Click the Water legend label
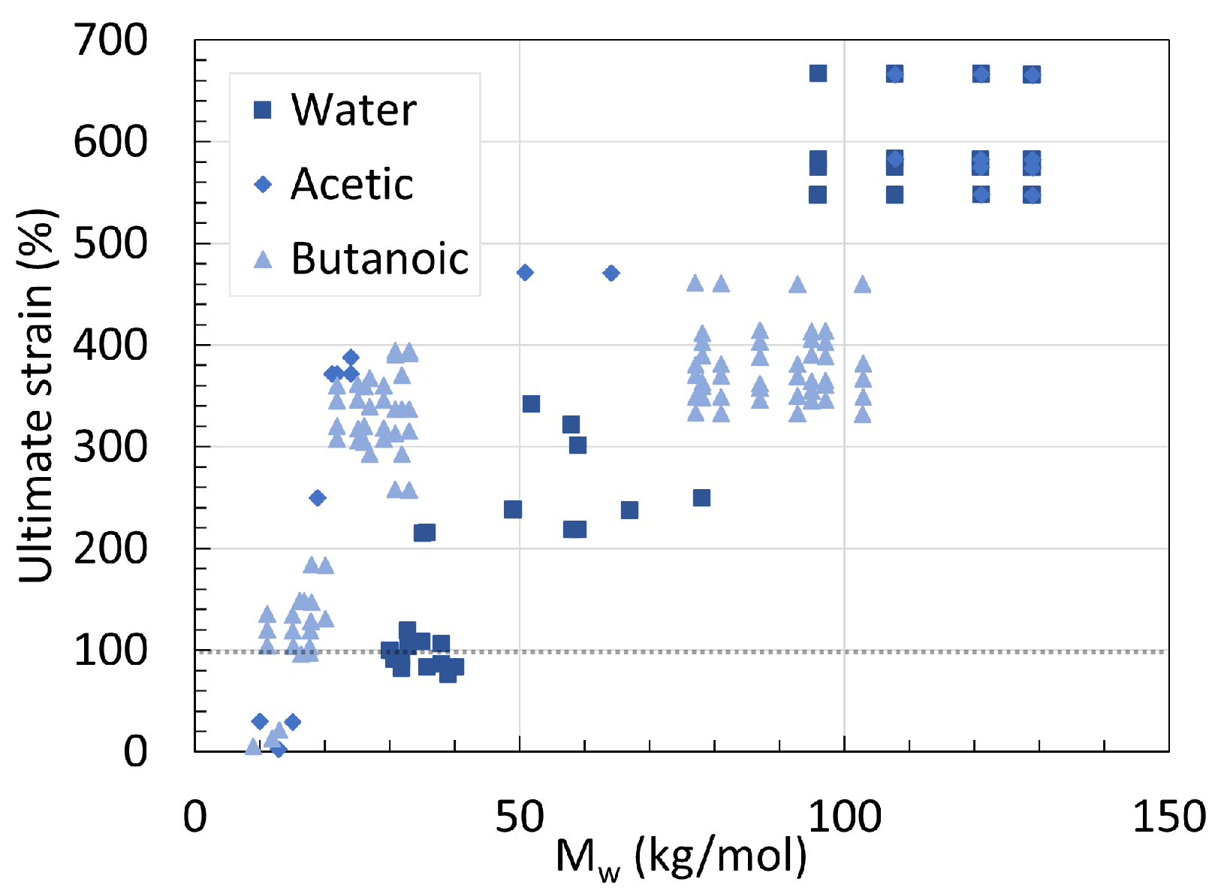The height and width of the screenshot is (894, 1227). point(353,110)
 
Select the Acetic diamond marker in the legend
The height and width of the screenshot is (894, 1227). point(263,184)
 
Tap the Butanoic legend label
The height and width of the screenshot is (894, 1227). point(379,259)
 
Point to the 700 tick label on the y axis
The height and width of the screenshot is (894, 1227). point(111,40)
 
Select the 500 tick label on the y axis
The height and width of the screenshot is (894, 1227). point(111,243)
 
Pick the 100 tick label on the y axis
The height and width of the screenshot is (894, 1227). point(111,650)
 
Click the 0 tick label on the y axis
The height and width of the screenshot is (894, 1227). point(135,751)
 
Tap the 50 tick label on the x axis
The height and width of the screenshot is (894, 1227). point(519,817)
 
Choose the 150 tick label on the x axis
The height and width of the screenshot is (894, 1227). point(1168,817)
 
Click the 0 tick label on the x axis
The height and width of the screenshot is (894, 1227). point(194,817)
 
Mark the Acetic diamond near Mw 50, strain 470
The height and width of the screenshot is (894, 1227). point(526,273)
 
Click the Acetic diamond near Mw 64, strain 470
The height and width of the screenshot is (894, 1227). point(611,273)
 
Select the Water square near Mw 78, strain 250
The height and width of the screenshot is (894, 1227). point(701,498)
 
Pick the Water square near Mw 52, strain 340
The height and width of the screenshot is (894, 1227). point(531,404)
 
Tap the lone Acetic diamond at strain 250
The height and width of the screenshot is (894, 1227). point(317,498)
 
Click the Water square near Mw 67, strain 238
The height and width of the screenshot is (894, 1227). point(629,511)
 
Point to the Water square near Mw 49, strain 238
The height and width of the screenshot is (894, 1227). point(513,510)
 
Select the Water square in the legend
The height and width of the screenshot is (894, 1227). point(263,110)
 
